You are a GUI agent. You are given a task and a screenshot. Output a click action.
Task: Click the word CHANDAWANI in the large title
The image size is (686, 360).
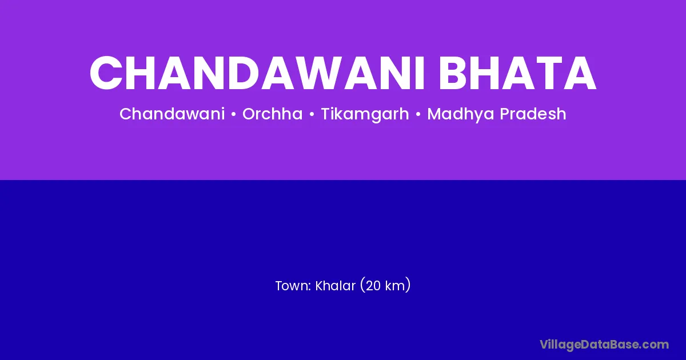(x=257, y=73)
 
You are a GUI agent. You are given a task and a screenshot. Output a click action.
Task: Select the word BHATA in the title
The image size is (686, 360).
(x=517, y=73)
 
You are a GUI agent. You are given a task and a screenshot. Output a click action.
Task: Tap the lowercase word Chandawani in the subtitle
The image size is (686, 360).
(x=172, y=114)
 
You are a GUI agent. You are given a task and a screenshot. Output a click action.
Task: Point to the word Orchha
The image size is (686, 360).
(x=272, y=114)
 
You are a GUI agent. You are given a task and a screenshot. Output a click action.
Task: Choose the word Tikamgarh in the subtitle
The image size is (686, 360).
(x=365, y=114)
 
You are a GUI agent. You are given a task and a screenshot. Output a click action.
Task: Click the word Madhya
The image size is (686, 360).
(x=461, y=114)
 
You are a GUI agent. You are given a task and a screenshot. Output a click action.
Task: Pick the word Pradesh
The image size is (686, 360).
(x=533, y=114)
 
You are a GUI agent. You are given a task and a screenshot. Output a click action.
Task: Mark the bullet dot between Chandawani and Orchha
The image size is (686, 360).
(x=234, y=114)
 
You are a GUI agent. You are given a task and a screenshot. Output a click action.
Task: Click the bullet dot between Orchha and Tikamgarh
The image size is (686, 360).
(x=312, y=114)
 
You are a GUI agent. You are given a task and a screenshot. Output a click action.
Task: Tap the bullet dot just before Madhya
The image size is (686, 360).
(x=418, y=114)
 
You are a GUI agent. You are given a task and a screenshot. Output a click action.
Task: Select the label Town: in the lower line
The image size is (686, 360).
(x=293, y=286)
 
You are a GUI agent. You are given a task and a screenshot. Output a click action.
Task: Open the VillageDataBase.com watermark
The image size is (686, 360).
(x=604, y=345)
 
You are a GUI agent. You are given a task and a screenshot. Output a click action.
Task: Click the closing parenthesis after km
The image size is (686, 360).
(x=407, y=285)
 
